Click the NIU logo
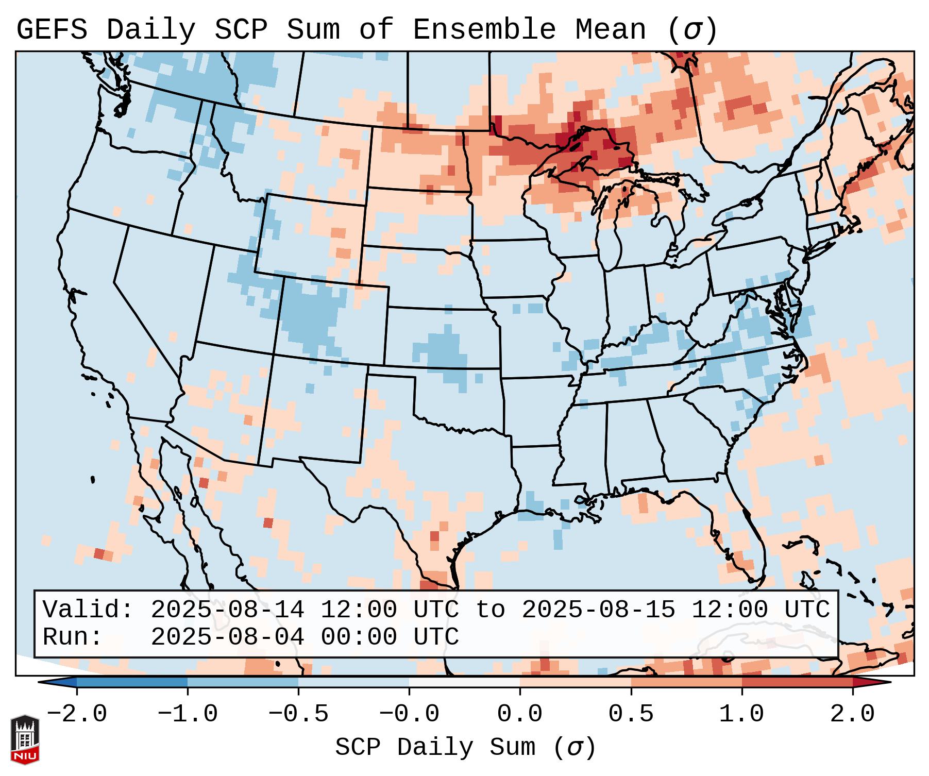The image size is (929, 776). coord(24,739)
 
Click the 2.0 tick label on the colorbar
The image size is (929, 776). coord(852,714)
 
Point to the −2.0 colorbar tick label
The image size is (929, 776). coord(77,714)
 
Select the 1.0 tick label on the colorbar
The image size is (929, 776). coord(741,714)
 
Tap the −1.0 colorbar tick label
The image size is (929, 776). coord(188,714)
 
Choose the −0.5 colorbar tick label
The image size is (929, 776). coord(298,714)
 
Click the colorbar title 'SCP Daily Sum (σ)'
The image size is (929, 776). coord(465,747)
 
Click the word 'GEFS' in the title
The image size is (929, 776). coord(52,30)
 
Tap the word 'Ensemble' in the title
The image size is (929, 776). coord(484,30)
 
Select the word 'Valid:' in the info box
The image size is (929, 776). coord(88,610)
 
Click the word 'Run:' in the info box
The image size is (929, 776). coord(72,637)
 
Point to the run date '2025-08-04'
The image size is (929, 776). coord(227,637)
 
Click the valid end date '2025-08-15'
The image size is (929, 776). coord(598,610)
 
